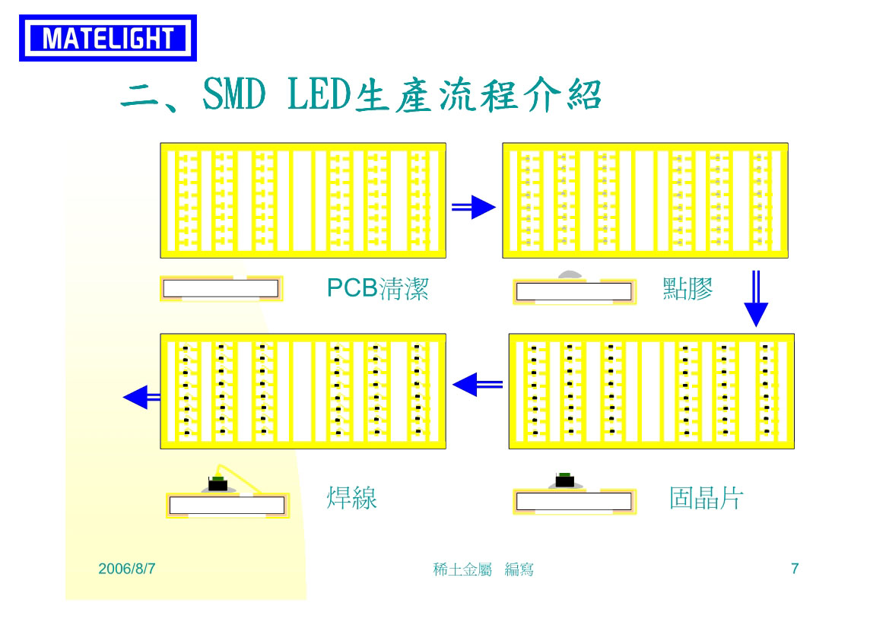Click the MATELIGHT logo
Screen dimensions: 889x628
click(108, 38)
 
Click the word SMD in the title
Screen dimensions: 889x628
click(234, 94)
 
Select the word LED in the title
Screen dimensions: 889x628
click(319, 94)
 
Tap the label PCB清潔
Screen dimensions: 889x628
click(378, 288)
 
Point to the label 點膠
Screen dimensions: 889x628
click(687, 288)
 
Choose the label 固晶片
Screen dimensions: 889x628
click(706, 498)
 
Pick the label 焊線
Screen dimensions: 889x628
click(351, 498)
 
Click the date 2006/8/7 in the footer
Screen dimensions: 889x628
click(127, 569)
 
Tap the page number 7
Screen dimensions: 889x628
click(795, 569)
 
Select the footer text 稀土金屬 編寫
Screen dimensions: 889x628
click(483, 569)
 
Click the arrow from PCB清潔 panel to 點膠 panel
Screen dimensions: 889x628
click(474, 208)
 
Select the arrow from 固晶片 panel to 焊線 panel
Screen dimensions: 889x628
click(478, 385)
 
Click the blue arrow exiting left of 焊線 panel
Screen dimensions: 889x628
click(141, 397)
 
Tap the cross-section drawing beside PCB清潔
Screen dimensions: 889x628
click(221, 288)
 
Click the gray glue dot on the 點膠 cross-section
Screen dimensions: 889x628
click(570, 275)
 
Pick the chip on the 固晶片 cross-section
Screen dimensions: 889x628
click(565, 480)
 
